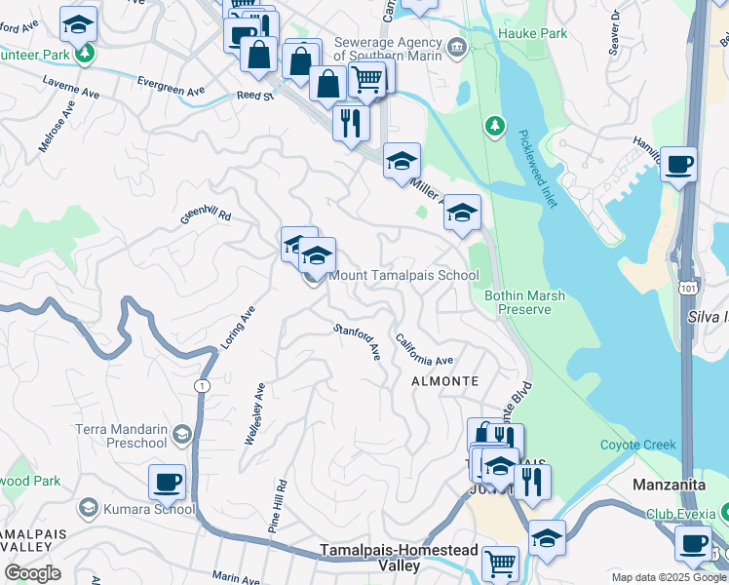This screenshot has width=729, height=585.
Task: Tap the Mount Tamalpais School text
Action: pyautogui.click(x=403, y=276)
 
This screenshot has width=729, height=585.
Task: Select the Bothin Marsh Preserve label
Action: pyautogui.click(x=518, y=302)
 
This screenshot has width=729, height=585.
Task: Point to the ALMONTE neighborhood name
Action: pyautogui.click(x=444, y=380)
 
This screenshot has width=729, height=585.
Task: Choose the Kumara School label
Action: pyautogui.click(x=152, y=509)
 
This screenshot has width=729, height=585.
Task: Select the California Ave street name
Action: pyautogui.click(x=424, y=349)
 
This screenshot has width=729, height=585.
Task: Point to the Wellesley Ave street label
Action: pyautogui.click(x=254, y=414)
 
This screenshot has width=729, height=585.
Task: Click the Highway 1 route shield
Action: pyautogui.click(x=200, y=385)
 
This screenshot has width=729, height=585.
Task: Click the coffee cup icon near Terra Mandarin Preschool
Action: pyautogui.click(x=167, y=482)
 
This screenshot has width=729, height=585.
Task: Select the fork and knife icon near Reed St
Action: pyautogui.click(x=351, y=123)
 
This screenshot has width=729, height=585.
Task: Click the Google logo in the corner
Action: pyautogui.click(x=32, y=573)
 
